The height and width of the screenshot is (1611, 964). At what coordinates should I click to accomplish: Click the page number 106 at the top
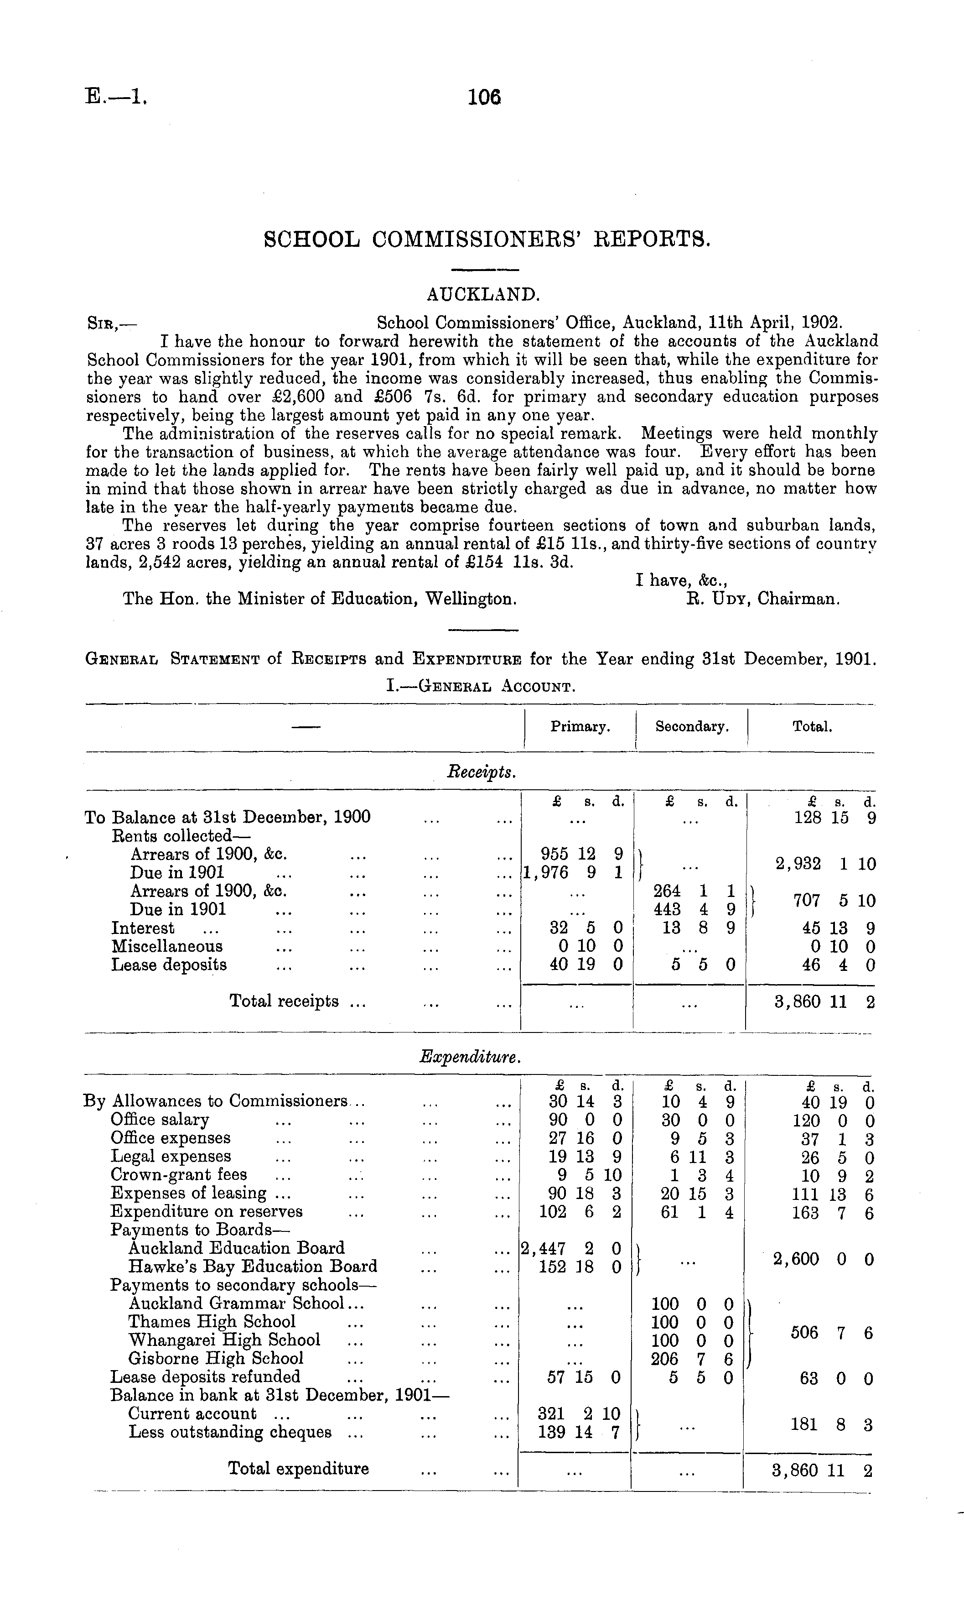485,98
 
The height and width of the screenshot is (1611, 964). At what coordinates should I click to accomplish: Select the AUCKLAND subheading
483,294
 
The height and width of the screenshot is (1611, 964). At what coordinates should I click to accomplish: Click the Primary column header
580,726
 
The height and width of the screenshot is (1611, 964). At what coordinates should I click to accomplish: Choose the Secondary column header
692,726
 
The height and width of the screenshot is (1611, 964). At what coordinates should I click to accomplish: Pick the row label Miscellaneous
167,946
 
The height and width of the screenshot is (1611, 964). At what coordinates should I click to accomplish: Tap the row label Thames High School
212,1322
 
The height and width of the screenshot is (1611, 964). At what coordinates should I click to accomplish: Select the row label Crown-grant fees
179,1174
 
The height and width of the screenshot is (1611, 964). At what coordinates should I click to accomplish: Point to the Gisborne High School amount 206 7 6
693,1358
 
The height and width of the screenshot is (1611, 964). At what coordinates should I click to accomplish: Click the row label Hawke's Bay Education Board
253,1267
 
